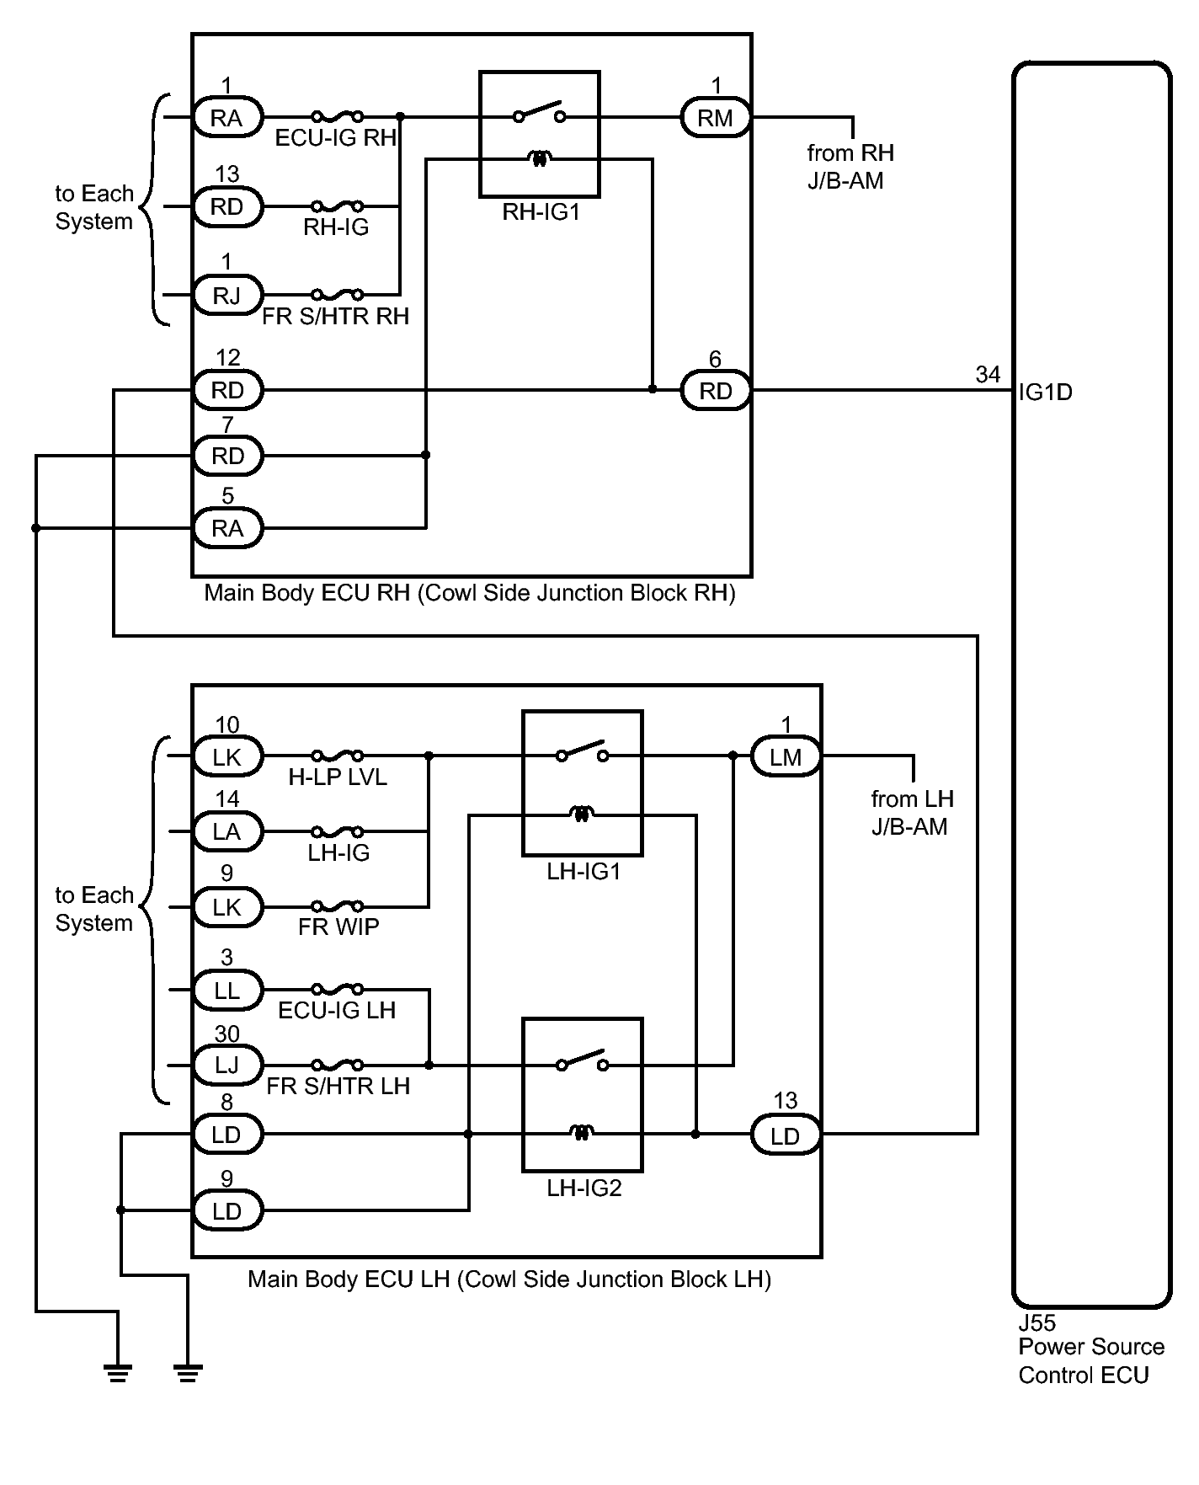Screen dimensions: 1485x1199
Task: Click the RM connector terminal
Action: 715,118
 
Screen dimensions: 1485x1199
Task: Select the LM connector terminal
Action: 785,757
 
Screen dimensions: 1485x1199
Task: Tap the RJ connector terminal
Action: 226,296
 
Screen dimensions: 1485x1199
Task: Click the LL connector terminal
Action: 226,991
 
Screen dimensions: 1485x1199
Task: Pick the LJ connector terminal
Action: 226,1066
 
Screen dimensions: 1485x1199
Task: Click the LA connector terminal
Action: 226,832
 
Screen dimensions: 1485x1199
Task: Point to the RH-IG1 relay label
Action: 541,212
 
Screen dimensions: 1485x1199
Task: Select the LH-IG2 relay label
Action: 584,1189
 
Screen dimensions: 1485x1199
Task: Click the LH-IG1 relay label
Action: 584,872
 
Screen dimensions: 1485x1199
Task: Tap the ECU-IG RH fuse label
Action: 335,138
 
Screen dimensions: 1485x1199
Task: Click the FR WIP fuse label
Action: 338,927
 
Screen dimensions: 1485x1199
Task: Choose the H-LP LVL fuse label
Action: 338,777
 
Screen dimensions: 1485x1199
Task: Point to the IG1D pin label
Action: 1045,393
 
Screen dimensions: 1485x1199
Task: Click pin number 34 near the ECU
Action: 988,375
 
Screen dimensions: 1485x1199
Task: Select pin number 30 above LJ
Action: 226,1034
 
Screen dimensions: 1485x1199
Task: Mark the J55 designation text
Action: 1036,1322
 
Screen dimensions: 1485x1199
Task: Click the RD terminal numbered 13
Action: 226,207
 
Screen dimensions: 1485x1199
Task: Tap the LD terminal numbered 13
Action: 785,1136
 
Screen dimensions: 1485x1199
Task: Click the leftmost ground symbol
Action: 117,1374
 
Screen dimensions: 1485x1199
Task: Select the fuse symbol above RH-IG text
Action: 337,206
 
